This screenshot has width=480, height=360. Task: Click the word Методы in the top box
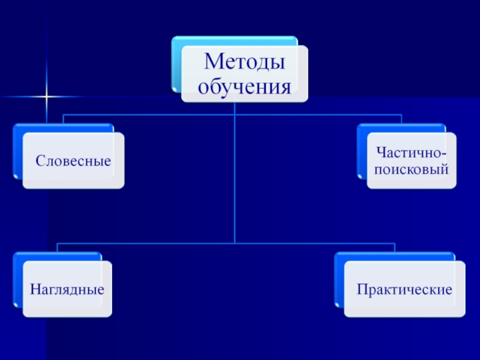[x=244, y=62]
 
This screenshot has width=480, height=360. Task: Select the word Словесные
[x=74, y=161]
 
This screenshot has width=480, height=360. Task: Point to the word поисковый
[x=411, y=170]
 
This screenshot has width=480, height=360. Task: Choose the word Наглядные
[x=67, y=289]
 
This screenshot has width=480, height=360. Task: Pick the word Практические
[x=404, y=289]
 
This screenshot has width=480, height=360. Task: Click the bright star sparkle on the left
[x=47, y=96]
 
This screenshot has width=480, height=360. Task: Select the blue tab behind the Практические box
[x=339, y=282]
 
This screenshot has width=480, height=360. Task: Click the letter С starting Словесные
[x=39, y=161]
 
